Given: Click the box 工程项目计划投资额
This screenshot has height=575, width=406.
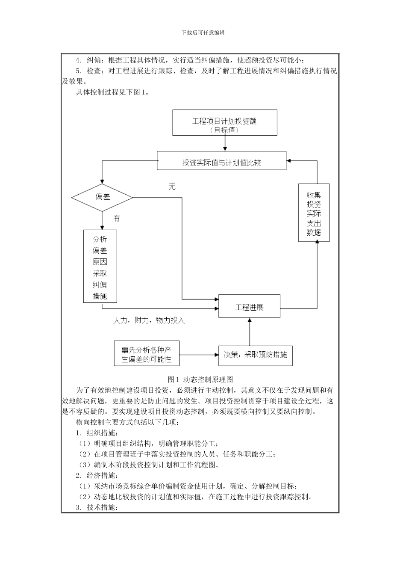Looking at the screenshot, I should [x=224, y=123].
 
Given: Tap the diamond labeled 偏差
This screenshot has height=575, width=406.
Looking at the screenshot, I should [x=102, y=197].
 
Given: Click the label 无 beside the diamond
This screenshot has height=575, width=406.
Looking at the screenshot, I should [x=172, y=187].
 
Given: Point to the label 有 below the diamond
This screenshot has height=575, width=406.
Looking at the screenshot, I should [x=117, y=219].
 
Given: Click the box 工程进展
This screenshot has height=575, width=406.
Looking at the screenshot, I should [x=249, y=306].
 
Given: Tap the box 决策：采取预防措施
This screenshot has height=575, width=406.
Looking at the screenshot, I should [x=256, y=355].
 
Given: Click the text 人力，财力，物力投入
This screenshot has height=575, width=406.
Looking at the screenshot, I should [x=149, y=320].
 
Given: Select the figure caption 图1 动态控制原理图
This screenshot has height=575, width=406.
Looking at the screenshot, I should [x=200, y=379].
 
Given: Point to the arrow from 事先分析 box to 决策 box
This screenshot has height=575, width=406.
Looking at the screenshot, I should [x=198, y=355].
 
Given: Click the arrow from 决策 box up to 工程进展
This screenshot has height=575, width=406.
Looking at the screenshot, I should [x=249, y=332].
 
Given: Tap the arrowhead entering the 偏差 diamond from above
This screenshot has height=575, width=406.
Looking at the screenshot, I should [x=102, y=181].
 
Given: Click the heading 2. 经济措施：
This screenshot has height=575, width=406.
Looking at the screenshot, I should [x=96, y=475].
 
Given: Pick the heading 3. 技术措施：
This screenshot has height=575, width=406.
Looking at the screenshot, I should [x=96, y=507].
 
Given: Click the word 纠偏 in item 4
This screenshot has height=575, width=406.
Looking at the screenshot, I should [x=94, y=60].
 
